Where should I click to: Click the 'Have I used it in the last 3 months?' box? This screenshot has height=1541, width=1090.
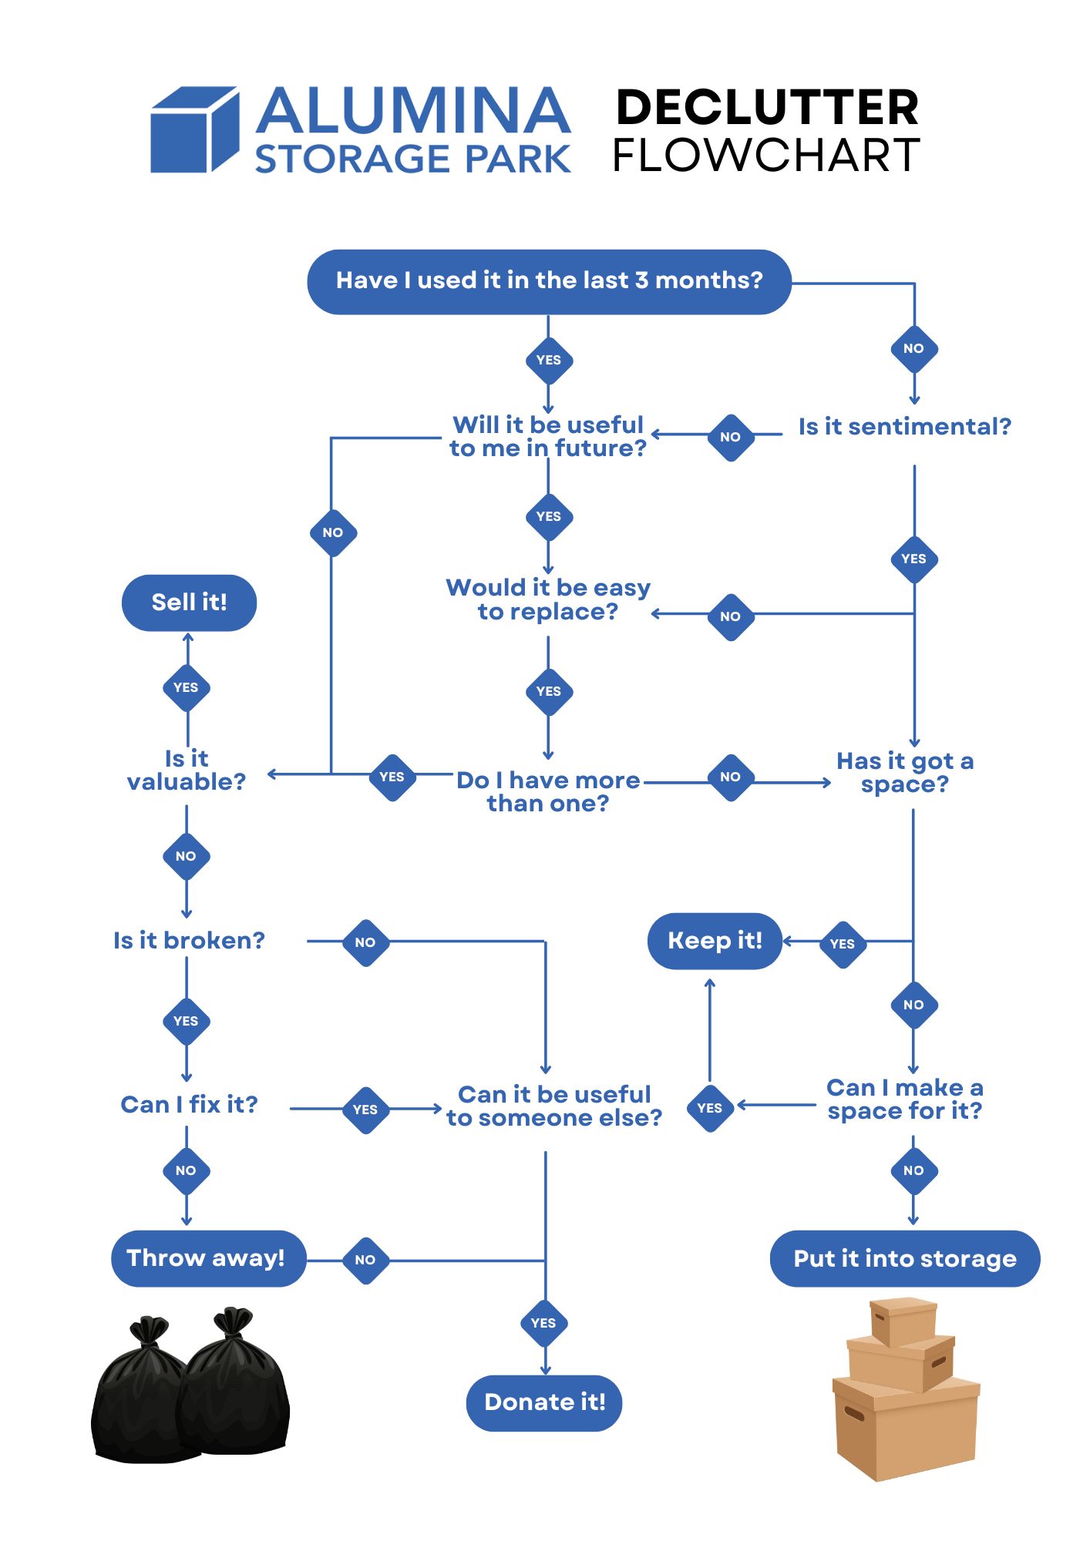(549, 281)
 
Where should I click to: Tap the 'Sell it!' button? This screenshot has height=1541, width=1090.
(189, 603)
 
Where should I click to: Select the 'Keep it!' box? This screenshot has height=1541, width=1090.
(715, 941)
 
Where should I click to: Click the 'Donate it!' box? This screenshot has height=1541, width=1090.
(544, 1402)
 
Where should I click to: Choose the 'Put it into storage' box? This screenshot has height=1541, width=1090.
(905, 1258)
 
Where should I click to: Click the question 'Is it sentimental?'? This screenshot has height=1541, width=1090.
(904, 427)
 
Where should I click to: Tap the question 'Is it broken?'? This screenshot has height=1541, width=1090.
(189, 941)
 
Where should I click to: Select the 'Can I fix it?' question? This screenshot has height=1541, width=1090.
(189, 1105)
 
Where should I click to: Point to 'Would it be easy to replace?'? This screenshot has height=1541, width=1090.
(548, 599)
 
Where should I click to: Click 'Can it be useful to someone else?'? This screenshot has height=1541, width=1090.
(554, 1106)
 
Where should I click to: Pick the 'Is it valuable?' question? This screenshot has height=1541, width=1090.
(187, 770)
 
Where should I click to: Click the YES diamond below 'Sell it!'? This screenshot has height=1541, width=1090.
(186, 687)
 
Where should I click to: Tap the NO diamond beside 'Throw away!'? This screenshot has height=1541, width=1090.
(365, 1260)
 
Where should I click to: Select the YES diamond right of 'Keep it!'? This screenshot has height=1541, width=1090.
(843, 944)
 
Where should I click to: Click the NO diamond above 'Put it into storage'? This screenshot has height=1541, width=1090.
(913, 1170)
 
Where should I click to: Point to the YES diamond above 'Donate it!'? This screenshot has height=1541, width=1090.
(543, 1323)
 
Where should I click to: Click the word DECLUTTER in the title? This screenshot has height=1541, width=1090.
(768, 107)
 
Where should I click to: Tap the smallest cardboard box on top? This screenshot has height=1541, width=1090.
(903, 1321)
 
